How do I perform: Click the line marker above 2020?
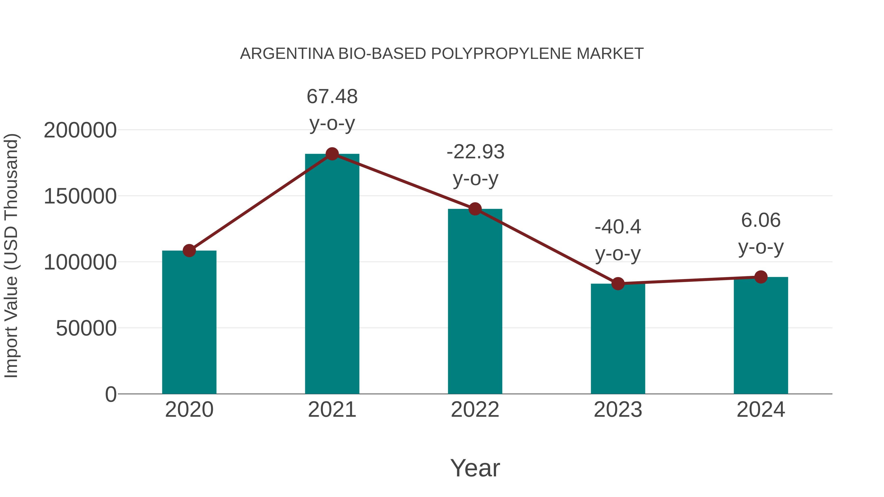(x=189, y=251)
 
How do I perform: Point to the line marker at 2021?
(x=332, y=154)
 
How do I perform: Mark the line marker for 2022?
(x=475, y=209)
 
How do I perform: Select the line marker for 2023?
(x=618, y=284)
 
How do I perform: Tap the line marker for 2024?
(x=761, y=277)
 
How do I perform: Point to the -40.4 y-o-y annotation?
(x=618, y=240)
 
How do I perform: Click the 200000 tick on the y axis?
(x=80, y=131)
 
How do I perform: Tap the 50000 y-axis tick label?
(x=86, y=329)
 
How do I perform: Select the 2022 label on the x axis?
(x=475, y=410)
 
